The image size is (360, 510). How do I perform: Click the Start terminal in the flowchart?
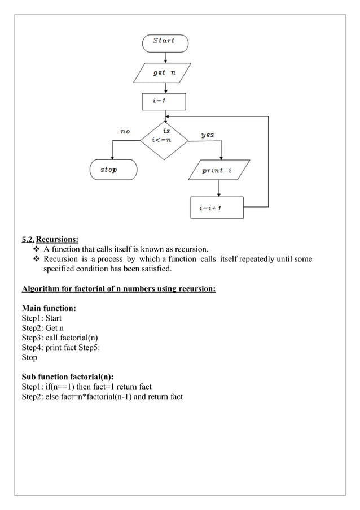click(x=164, y=42)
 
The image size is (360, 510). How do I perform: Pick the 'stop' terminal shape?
click(x=113, y=170)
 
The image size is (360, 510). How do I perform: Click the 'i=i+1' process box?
click(x=216, y=208)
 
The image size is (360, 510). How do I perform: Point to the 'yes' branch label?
click(x=207, y=135)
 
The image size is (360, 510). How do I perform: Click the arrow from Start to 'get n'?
click(x=164, y=57)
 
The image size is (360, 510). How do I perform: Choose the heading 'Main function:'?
click(x=49, y=308)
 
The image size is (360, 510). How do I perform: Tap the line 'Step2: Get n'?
click(x=43, y=328)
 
